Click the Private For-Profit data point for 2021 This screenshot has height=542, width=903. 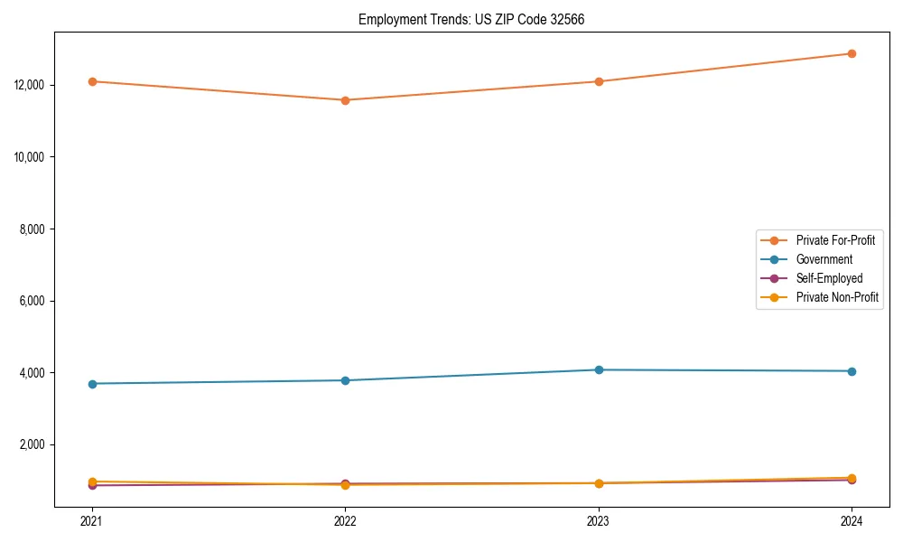(92, 81)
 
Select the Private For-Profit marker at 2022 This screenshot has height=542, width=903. (345, 100)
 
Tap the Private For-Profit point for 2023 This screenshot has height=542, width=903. (599, 81)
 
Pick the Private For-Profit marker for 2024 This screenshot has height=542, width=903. (852, 53)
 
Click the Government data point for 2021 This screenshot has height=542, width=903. (92, 384)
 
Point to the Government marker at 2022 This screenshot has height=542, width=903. (345, 380)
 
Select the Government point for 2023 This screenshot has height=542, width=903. (599, 369)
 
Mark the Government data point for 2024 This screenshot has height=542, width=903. (852, 371)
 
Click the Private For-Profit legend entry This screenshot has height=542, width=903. (835, 240)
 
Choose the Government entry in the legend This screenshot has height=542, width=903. (824, 259)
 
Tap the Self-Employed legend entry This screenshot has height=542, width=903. (829, 278)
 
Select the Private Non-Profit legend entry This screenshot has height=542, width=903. (837, 297)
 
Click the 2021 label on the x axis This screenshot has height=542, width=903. (92, 520)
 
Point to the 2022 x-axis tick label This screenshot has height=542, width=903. (345, 520)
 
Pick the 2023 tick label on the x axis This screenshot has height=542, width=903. (599, 520)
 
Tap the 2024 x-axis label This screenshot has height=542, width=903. (852, 520)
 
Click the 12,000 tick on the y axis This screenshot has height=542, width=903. (32, 85)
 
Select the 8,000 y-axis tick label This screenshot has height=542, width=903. (34, 229)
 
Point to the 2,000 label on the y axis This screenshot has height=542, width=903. (34, 444)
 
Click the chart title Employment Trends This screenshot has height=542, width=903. (471, 19)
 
